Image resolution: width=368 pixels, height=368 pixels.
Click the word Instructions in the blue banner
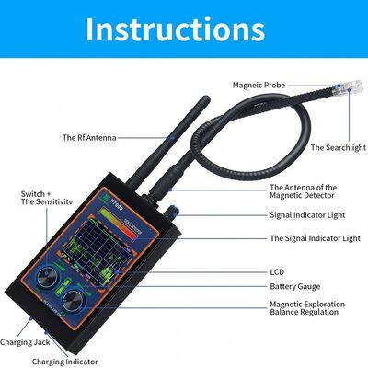click(184, 29)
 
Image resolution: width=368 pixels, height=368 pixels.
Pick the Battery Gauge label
click(295, 287)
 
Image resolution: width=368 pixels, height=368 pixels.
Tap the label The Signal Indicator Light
click(314, 237)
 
